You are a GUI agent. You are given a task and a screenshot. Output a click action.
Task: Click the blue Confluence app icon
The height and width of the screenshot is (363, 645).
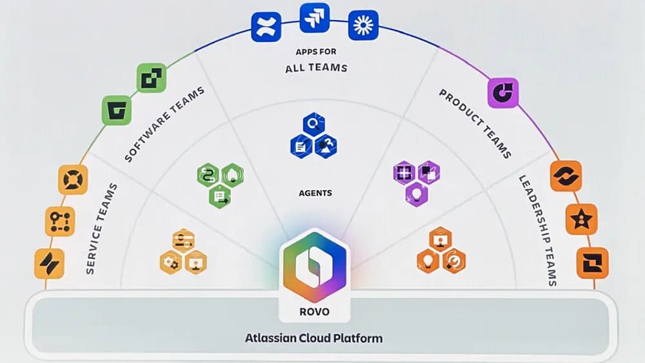click(265, 26)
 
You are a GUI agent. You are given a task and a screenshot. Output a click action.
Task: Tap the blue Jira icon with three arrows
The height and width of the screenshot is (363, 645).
click(314, 17)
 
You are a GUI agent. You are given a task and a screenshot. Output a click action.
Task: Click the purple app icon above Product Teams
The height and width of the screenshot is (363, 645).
click(502, 92)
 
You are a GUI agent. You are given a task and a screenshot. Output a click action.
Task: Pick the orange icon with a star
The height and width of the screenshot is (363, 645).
click(581, 219)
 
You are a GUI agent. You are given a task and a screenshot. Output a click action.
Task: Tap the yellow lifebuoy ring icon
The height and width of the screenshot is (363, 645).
click(73, 180)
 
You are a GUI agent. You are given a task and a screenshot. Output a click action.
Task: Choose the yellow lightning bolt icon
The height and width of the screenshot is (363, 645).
click(50, 264)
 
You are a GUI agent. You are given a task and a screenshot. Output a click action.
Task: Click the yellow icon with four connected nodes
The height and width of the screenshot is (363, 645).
click(60, 221)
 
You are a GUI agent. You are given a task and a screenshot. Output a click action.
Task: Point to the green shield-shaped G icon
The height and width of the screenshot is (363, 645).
click(117, 110)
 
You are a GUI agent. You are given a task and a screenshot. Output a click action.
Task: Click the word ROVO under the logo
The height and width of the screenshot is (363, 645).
click(314, 311)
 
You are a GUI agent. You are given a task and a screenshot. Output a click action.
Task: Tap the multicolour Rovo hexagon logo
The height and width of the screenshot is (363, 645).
click(315, 265)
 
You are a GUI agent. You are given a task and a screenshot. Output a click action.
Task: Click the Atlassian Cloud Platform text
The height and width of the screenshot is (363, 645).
click(313, 338)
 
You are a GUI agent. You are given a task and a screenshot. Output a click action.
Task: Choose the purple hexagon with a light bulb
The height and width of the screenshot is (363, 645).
click(416, 193)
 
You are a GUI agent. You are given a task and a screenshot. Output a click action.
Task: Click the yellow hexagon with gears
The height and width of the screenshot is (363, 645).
click(171, 263)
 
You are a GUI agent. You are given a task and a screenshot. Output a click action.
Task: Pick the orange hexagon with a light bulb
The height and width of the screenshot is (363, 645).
click(428, 261)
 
